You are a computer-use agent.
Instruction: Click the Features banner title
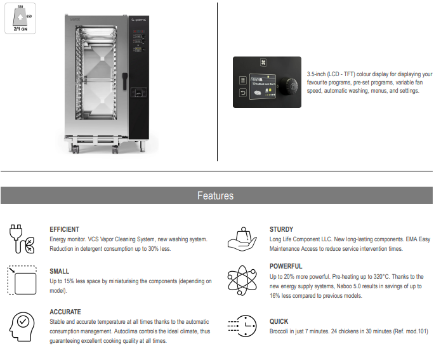pyautogui.click(x=215, y=196)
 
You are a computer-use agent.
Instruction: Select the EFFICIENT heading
pyautogui.click(x=64, y=229)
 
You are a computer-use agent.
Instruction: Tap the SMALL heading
pyautogui.click(x=59, y=271)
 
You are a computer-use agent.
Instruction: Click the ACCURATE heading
pyautogui.click(x=65, y=312)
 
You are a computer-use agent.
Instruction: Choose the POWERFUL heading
pyautogui.click(x=286, y=266)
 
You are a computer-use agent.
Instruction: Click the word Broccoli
pyautogui.click(x=282, y=332)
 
